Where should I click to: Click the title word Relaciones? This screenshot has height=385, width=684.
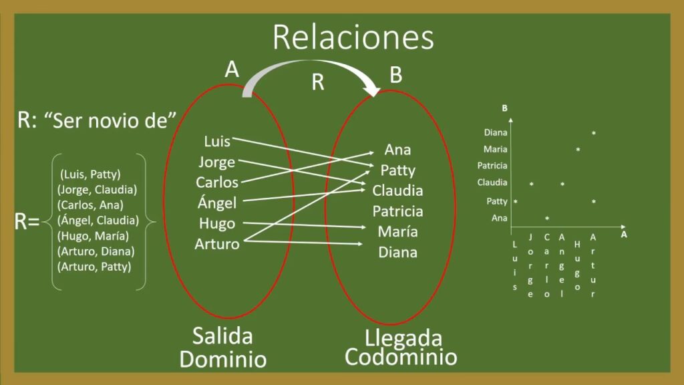(x=353, y=37)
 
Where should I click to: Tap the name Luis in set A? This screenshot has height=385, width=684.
(x=217, y=142)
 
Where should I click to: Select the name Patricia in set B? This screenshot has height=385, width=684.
(x=398, y=211)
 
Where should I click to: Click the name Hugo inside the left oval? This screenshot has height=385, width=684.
(x=217, y=223)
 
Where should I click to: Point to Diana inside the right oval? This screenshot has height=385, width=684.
(x=398, y=252)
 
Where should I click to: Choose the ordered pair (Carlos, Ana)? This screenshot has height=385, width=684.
(x=90, y=205)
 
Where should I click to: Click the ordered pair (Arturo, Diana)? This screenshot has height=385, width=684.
(x=96, y=251)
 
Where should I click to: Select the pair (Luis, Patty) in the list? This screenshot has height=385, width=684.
(x=90, y=174)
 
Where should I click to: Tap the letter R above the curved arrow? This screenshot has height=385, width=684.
(x=318, y=82)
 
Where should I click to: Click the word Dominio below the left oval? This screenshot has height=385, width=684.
(x=223, y=359)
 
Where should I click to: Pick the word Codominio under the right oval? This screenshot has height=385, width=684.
(x=401, y=357)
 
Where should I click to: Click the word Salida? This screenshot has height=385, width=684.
(x=222, y=336)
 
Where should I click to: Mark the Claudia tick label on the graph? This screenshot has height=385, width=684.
(x=492, y=182)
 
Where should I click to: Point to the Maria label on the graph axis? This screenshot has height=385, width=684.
(x=495, y=149)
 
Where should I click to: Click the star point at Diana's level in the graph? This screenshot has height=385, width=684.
(x=594, y=133)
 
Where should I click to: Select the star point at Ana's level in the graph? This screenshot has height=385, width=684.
(x=547, y=219)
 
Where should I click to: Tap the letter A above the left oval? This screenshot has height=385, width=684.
(x=232, y=70)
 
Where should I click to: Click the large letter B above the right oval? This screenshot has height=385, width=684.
(x=395, y=75)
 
